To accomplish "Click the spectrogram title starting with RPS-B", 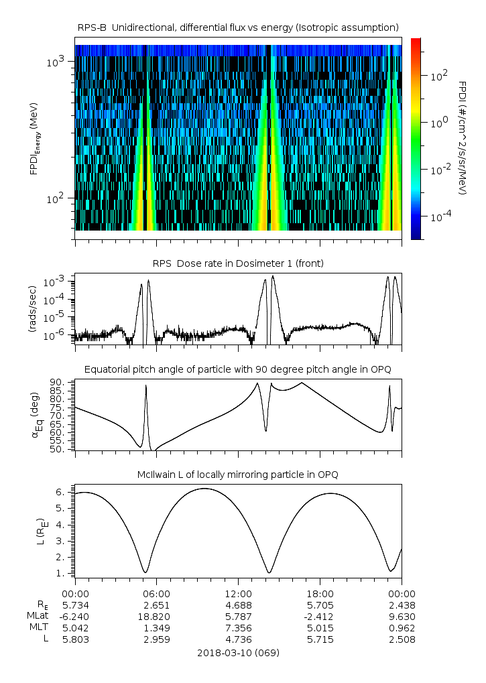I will [x=238, y=27].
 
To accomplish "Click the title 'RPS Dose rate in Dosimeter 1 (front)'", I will [x=238, y=263].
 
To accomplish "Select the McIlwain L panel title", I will [x=238, y=475].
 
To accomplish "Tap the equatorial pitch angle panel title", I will [x=238, y=369].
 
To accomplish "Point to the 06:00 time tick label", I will [x=157, y=593].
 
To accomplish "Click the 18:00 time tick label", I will [x=320, y=593].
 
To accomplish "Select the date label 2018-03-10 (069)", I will [x=238, y=652].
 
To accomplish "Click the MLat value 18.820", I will [x=157, y=616].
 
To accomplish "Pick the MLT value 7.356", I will [x=238, y=627].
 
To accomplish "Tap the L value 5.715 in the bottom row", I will [x=320, y=639].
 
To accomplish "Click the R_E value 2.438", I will [x=401, y=605].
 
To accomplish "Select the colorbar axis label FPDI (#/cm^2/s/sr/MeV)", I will [x=463, y=137].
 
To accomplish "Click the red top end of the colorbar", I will [x=416, y=41].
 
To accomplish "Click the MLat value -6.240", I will [x=75, y=616].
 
